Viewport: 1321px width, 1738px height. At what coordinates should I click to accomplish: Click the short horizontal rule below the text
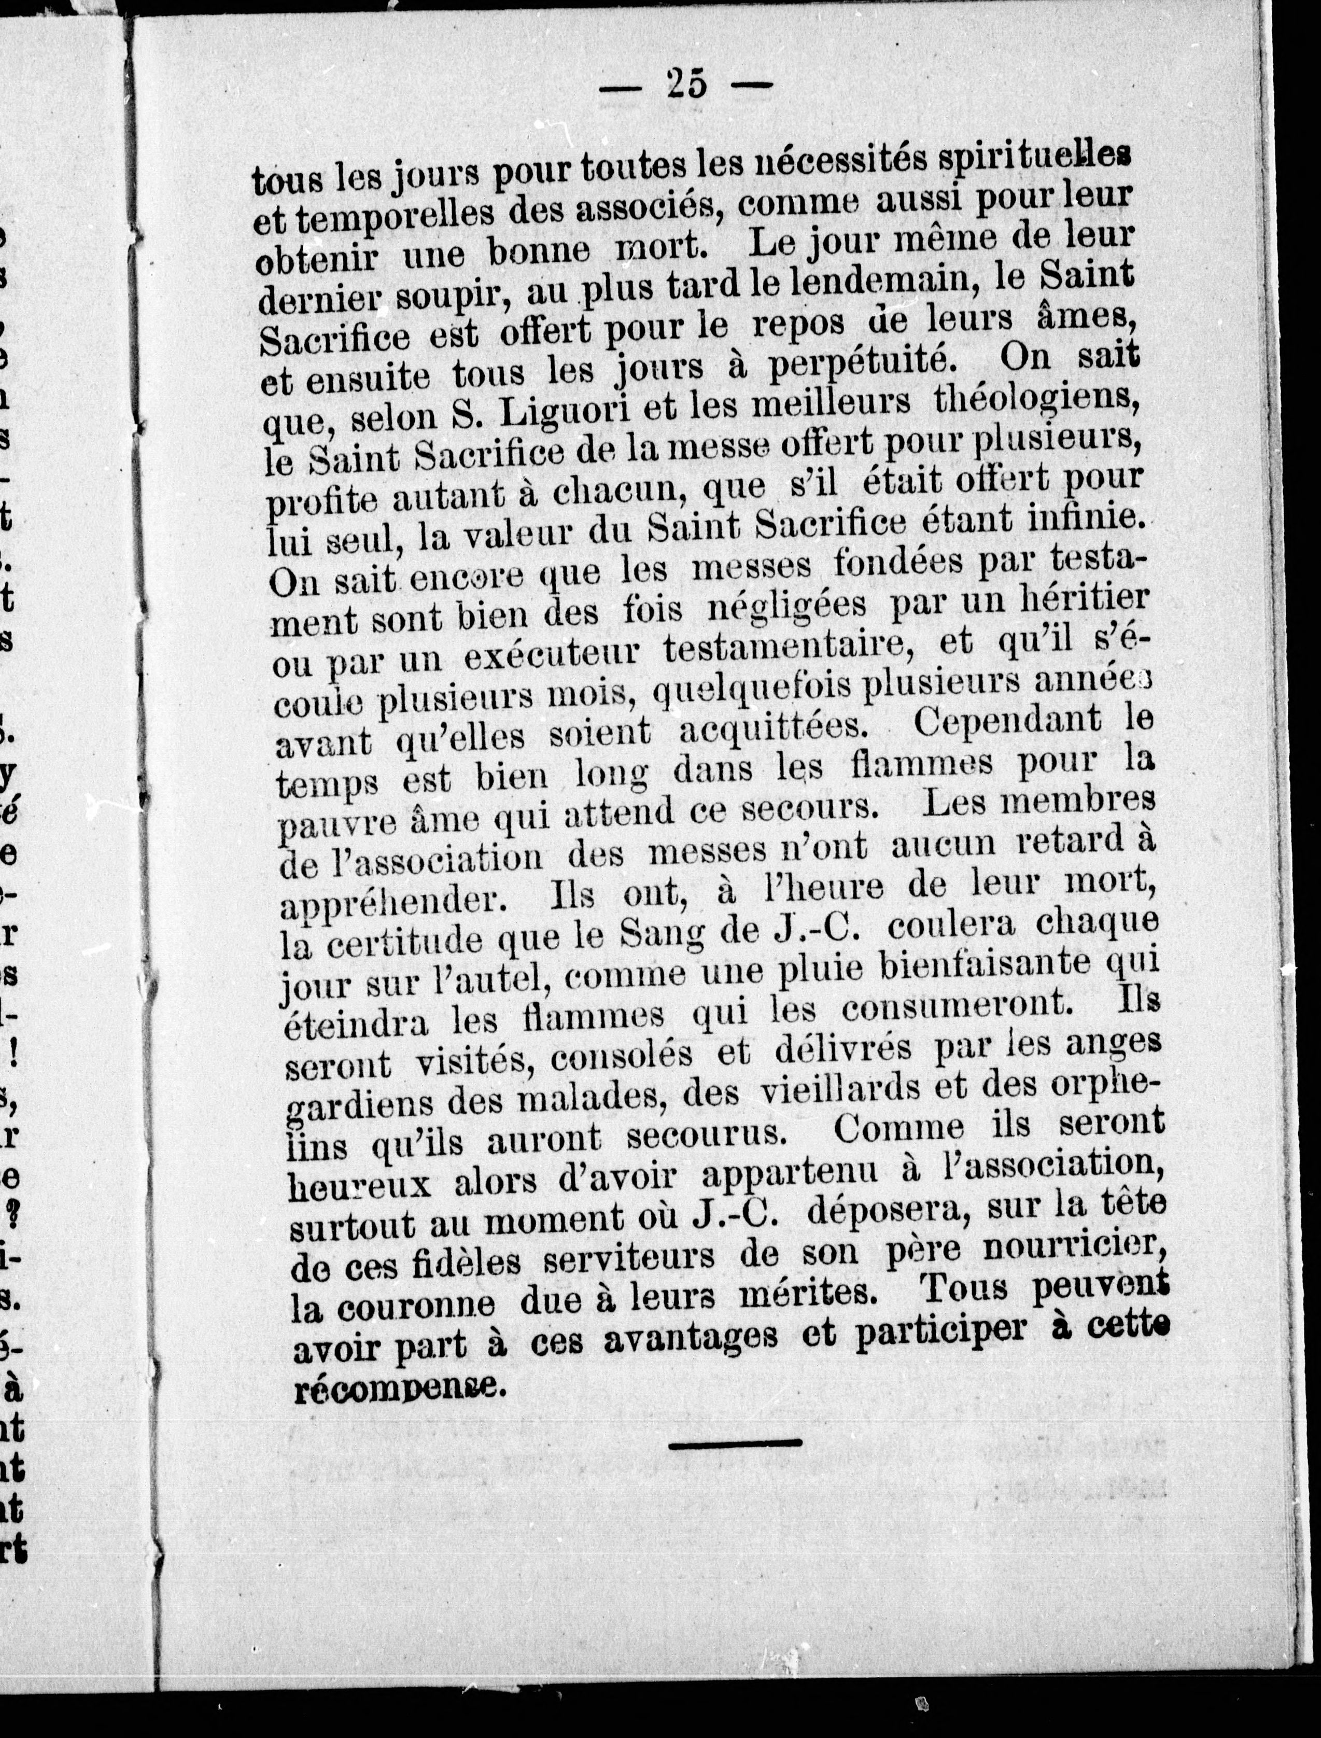tap(735, 1443)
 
